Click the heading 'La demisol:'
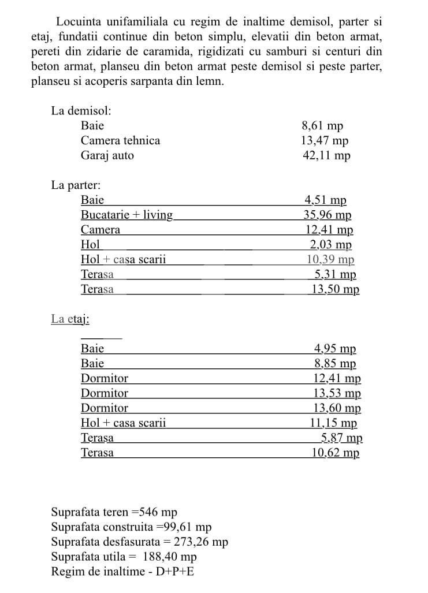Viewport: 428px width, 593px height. pos(81,110)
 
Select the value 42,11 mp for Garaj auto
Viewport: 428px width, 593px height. pos(326,155)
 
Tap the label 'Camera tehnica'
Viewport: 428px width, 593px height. pos(120,140)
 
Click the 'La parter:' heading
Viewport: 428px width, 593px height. pos(76,185)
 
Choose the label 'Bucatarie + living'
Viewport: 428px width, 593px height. pos(126,215)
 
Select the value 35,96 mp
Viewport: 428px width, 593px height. pos(327,215)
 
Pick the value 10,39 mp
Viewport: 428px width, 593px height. pos(330,260)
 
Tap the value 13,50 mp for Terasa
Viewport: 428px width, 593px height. pos(335,289)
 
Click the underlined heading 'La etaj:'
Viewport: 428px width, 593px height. pos(70,319)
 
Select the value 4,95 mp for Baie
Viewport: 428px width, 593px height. pos(335,349)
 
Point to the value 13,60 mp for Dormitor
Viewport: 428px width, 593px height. pos(337,408)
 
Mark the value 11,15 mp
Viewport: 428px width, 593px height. pos(333,423)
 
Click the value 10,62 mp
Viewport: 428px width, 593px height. pos(335,453)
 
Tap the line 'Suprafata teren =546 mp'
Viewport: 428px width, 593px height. pos(114,512)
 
